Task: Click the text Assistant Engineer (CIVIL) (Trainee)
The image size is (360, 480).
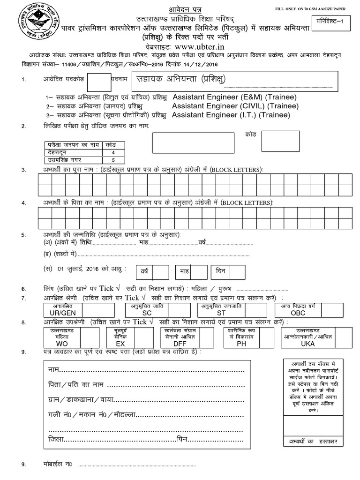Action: coord(235,106)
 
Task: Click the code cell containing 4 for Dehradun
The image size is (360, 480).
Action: coord(113,152)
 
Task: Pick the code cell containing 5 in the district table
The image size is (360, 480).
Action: coord(113,160)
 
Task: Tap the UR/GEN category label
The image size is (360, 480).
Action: coord(69,312)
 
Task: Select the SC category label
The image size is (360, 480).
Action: coord(147,312)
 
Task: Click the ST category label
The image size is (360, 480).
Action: coord(221,312)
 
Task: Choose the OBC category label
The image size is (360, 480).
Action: coord(298,312)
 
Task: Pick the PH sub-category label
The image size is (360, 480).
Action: coord(241,344)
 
